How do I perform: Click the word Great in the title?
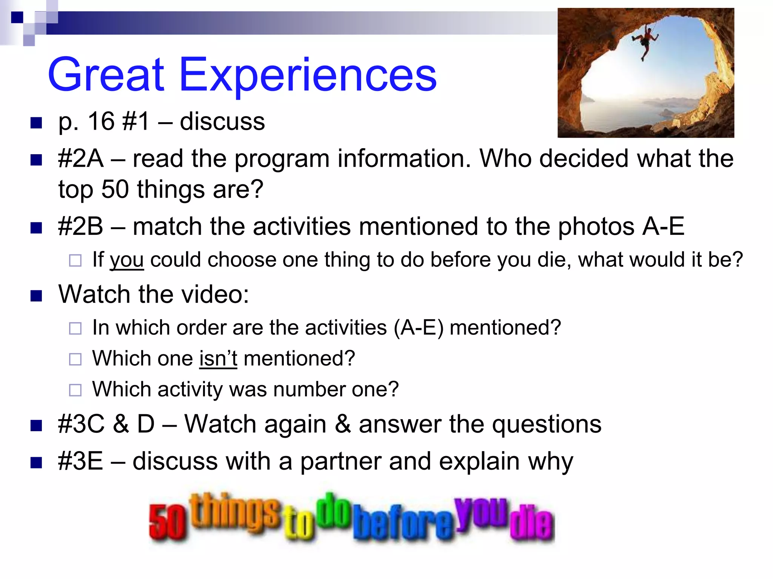[106, 75]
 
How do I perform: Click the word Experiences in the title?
[308, 75]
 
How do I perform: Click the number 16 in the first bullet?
[101, 122]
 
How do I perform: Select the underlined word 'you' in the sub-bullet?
[126, 260]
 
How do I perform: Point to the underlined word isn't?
[218, 358]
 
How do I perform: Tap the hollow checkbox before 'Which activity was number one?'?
[75, 390]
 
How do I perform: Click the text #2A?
[80, 158]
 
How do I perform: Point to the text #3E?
[80, 461]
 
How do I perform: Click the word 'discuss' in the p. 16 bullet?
[222, 122]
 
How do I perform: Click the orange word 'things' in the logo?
[236, 512]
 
